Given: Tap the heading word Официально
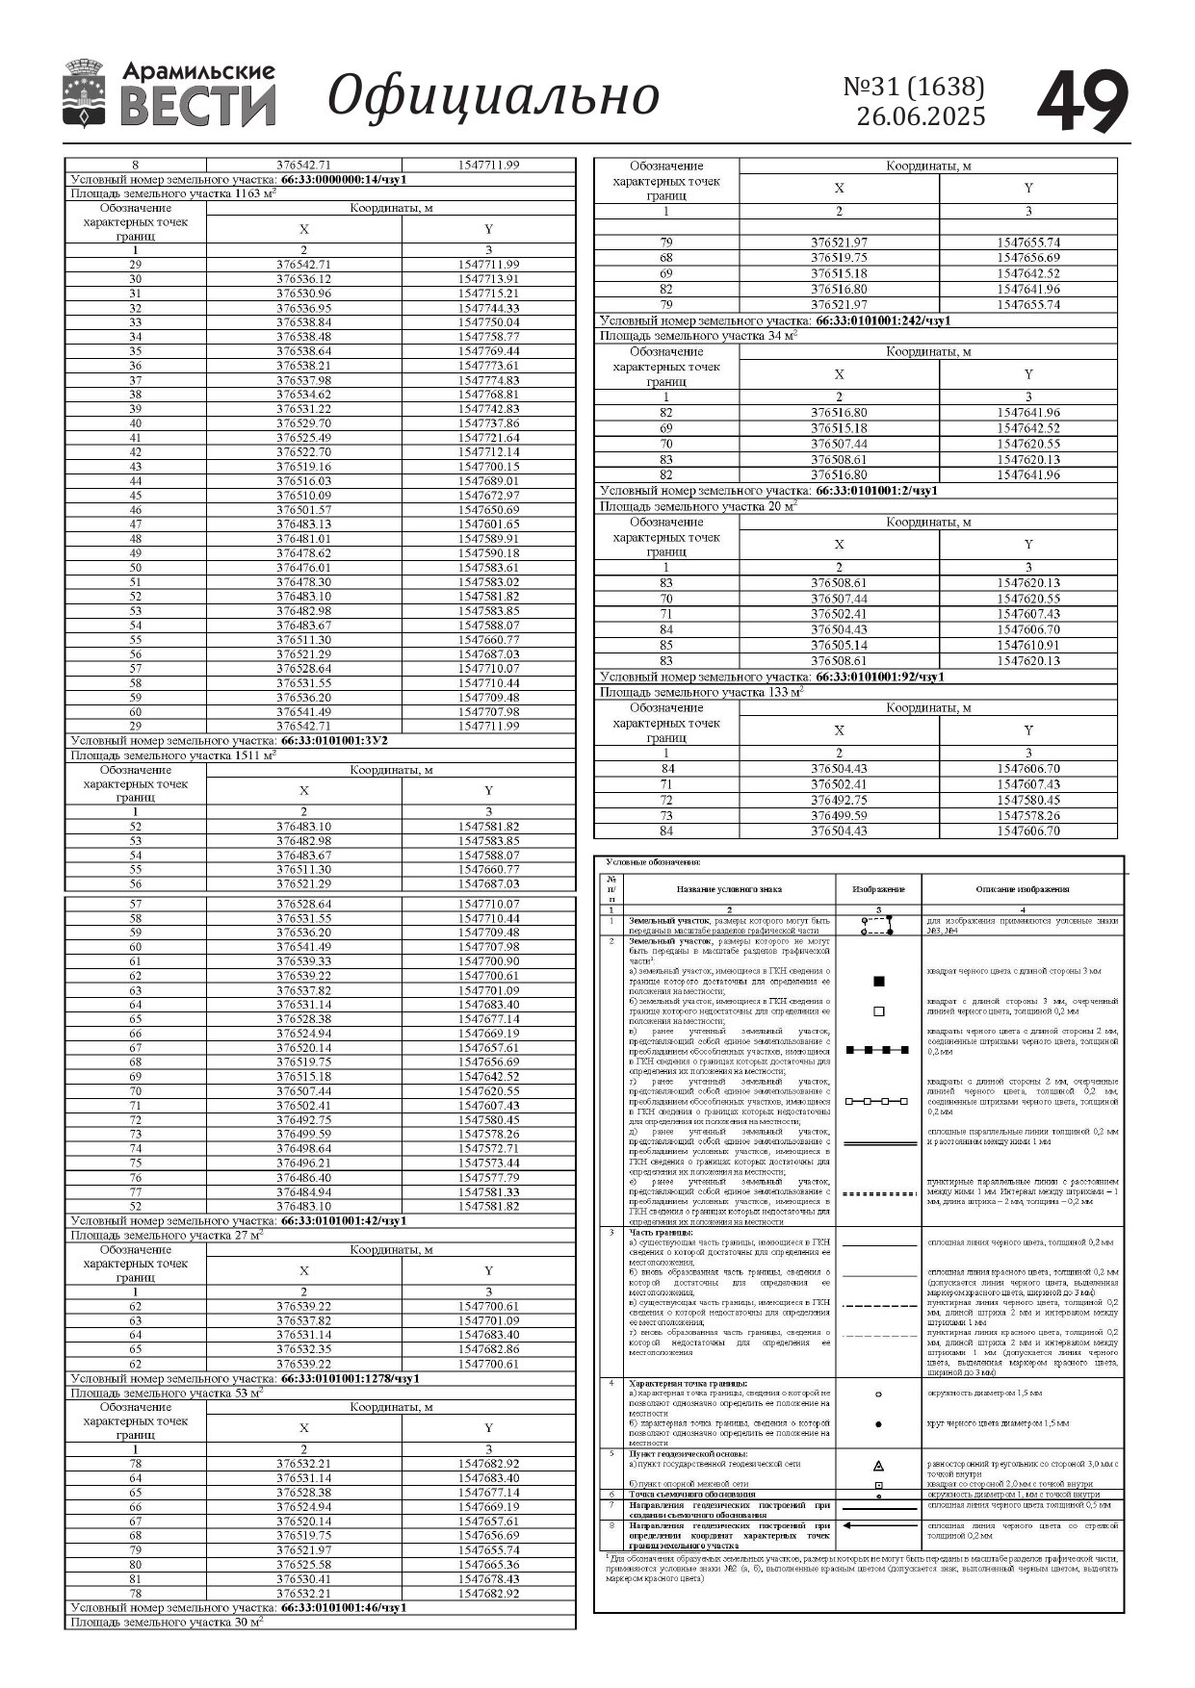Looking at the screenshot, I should [494, 97].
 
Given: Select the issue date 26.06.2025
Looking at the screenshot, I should [921, 117].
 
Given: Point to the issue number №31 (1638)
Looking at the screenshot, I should [914, 88].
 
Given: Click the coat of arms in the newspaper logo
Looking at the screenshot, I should [84, 94].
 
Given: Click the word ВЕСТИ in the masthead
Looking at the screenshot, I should [197, 106].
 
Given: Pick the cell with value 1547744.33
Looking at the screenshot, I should [488, 308].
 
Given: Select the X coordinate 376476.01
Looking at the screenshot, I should [303, 568].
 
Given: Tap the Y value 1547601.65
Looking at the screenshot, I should [488, 524].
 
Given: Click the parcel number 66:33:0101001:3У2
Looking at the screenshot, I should [333, 741].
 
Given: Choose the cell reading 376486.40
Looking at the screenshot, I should [303, 1178].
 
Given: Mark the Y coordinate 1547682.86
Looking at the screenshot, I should [488, 1349].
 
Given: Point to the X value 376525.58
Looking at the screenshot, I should [303, 1565].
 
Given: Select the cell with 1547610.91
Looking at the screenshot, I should [1027, 645].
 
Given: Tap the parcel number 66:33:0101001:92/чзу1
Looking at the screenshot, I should [879, 677].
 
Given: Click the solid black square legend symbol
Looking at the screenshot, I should [878, 982].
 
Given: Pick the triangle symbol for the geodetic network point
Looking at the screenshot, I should [878, 1466].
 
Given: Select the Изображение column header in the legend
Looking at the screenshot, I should [878, 889].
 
